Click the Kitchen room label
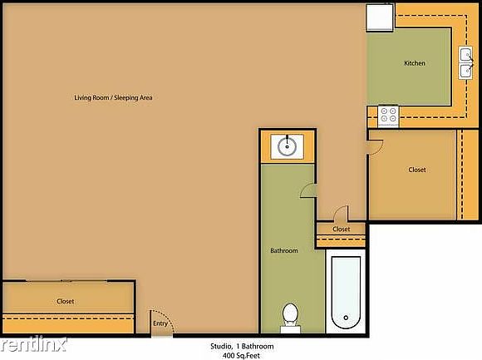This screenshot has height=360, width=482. coord(415,63)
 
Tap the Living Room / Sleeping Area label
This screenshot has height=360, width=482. coord(113,97)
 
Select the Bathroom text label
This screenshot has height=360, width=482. coord(284,250)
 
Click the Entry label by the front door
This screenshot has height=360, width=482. coord(160,323)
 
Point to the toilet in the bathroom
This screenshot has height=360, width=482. coord(290,318)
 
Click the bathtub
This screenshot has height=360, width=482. coord(346,293)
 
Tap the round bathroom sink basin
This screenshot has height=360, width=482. coord(287,146)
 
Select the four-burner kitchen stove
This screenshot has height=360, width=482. coord(388,116)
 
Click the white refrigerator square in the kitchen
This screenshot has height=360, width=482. coord(380,17)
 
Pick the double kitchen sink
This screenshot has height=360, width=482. coord(465,63)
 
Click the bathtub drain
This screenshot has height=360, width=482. coord(346,318)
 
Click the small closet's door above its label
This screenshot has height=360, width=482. coord(341,212)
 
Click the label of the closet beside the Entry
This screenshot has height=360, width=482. coord(65,301)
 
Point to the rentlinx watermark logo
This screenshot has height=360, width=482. coord(33,345)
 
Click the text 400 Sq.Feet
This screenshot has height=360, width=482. coord(241,356)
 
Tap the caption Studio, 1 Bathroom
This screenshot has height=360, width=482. coord(242,347)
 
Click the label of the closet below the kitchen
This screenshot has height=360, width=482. coord(417,170)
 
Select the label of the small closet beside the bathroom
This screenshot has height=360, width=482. coord(342,229)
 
